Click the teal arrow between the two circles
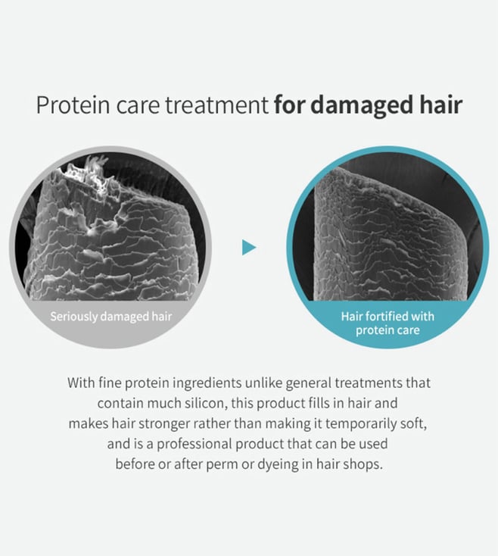(x=249, y=247)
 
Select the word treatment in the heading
(x=216, y=105)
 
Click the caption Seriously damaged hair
(x=110, y=317)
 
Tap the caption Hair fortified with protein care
(x=388, y=323)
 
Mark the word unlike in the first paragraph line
(x=263, y=383)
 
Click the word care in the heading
(x=138, y=105)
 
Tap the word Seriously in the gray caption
(x=73, y=317)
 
